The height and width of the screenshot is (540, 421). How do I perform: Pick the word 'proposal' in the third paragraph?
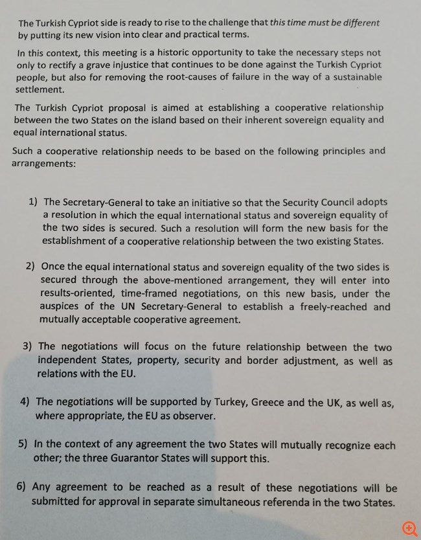point(139,107)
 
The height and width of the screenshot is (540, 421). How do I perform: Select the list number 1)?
point(33,203)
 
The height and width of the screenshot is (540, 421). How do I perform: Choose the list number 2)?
point(31,267)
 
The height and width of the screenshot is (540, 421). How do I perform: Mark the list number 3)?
point(28,347)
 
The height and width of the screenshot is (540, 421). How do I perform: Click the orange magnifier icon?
point(409,529)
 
